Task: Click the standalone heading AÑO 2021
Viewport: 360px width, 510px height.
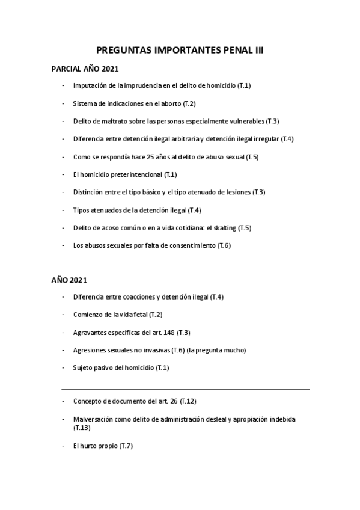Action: click(70, 280)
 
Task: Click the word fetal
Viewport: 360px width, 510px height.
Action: click(140, 315)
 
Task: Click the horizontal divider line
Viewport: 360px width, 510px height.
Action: click(186, 389)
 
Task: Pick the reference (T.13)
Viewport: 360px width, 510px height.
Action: click(82, 428)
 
